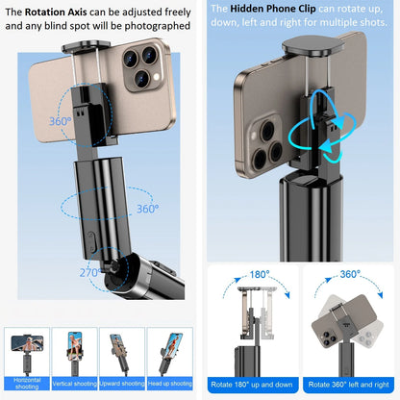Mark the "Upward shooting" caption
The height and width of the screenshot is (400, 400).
[125, 382]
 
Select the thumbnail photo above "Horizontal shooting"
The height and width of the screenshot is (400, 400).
[28, 351]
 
